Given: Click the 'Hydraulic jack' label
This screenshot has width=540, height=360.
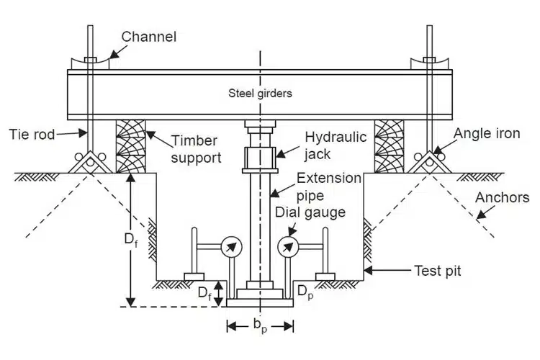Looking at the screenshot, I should pos(336,144).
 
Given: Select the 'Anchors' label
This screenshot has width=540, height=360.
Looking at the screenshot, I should pos(504,197).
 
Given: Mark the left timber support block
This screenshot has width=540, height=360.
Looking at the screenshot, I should pos(130,146).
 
